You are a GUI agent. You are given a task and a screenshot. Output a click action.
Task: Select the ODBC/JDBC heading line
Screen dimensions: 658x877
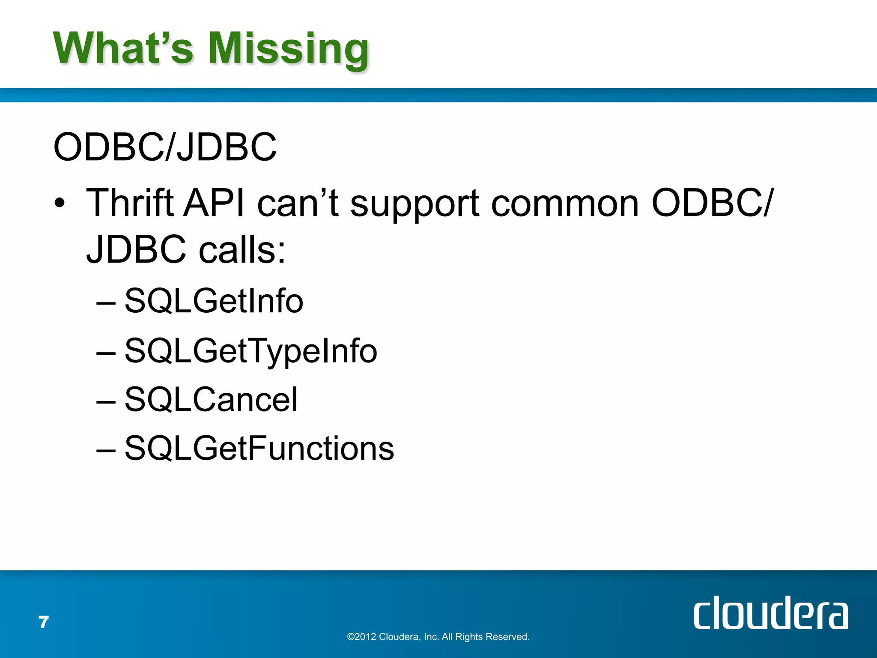[x=165, y=147]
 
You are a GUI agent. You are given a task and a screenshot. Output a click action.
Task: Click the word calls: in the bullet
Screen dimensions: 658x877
[x=242, y=250]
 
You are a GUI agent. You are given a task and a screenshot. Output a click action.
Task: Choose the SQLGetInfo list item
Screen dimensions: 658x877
[x=214, y=301]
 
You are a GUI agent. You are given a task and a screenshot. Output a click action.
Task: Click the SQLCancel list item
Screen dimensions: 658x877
[x=211, y=400]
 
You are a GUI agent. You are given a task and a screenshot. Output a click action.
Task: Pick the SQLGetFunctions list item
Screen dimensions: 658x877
[x=259, y=449]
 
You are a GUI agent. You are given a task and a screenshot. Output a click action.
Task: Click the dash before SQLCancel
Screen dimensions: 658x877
[x=106, y=402]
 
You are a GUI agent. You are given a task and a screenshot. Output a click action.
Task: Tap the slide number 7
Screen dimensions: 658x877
[x=44, y=622]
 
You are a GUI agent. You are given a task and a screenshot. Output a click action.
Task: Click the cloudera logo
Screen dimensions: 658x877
[x=770, y=613]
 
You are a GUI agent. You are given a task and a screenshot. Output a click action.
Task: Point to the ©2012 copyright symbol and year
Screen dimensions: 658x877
[x=362, y=637]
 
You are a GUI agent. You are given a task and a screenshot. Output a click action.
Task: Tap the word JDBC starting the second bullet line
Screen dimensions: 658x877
[x=136, y=250]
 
